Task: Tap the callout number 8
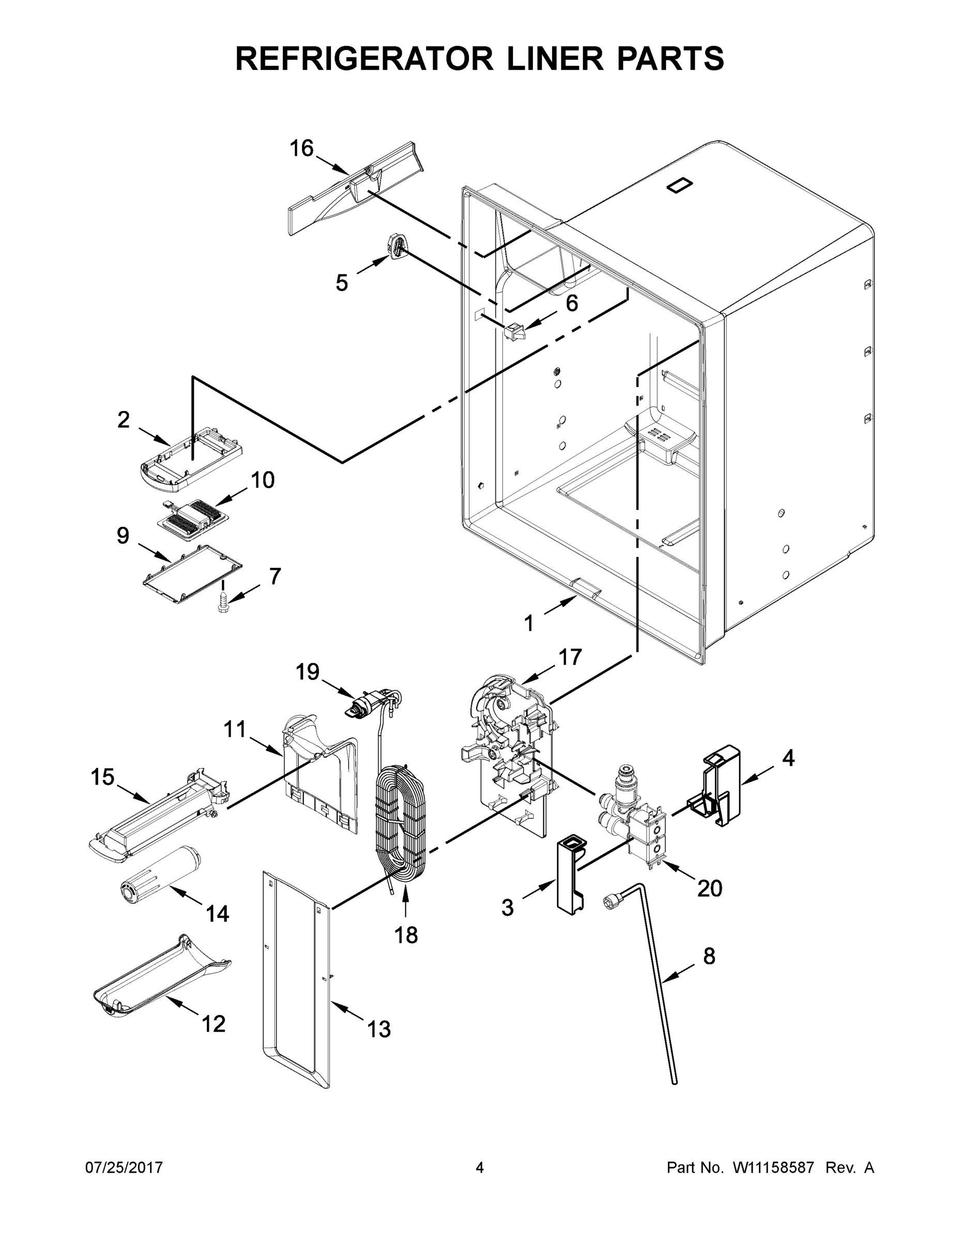click(709, 956)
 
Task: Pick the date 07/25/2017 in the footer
click(124, 1168)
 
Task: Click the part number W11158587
click(773, 1168)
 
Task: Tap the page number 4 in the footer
click(480, 1168)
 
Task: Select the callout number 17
click(570, 657)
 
